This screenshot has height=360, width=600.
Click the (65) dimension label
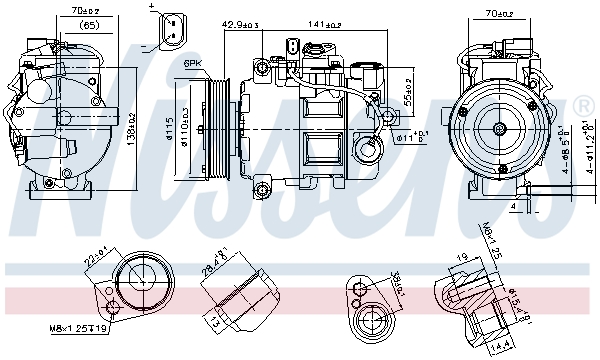(x=90, y=24)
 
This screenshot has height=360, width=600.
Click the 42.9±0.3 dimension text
(x=240, y=22)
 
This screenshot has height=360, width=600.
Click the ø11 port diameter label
(x=410, y=137)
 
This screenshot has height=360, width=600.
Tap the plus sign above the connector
(x=152, y=6)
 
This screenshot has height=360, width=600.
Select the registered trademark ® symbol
(x=583, y=106)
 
